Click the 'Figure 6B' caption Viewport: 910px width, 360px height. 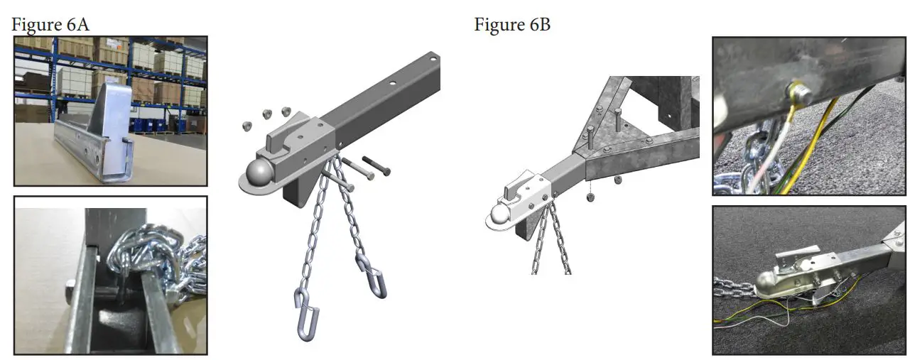(512, 25)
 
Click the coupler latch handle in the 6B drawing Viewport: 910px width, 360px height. (515, 190)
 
